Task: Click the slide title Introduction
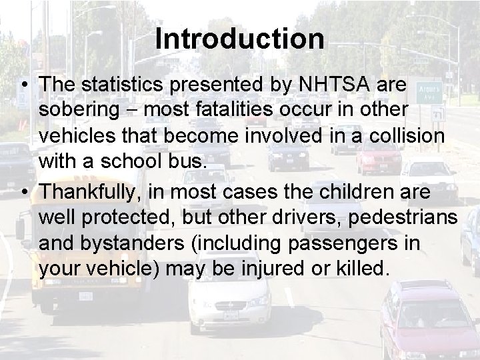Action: [240, 39]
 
